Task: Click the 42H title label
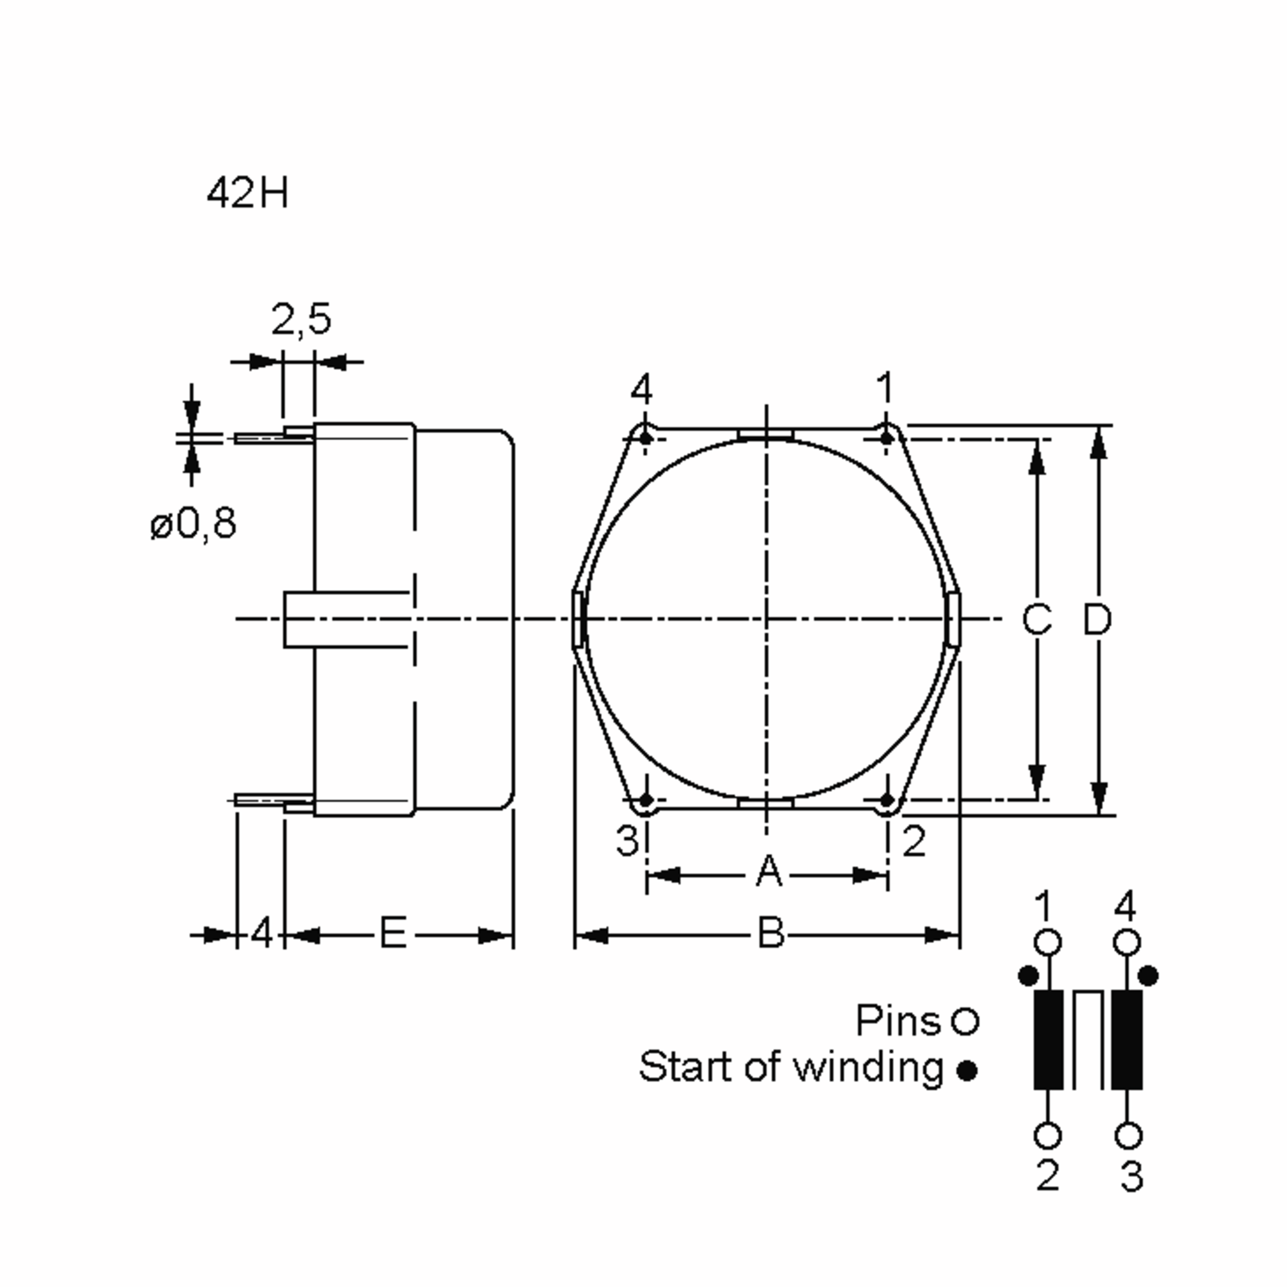[x=247, y=194]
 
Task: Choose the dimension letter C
[x=1037, y=619]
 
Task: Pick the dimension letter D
[x=1097, y=619]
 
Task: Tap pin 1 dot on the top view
[x=886, y=438]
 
